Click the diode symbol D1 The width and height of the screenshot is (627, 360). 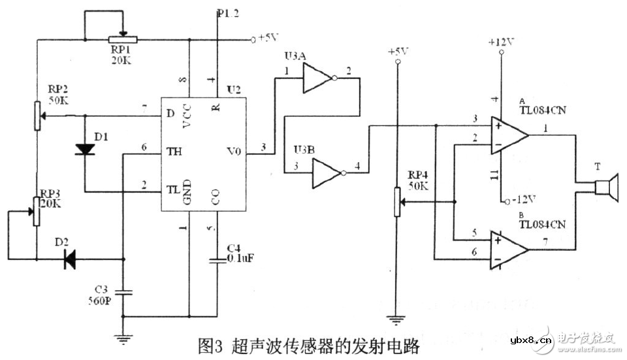[85, 149]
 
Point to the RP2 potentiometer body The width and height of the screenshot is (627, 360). [37, 116]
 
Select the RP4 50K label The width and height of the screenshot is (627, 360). [418, 180]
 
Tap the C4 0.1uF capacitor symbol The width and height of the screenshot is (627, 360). [217, 260]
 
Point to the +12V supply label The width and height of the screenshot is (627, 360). [501, 42]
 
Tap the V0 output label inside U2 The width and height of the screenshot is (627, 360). [234, 152]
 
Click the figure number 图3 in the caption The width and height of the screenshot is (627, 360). [211, 344]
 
